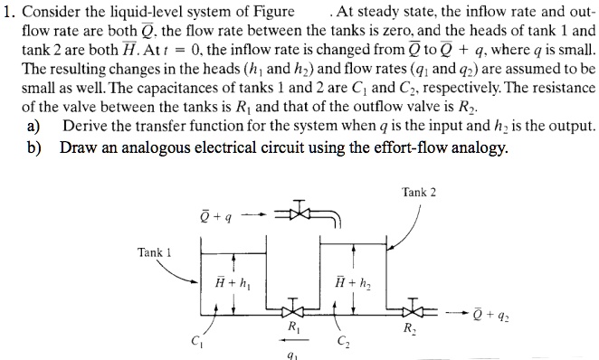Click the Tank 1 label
click(x=154, y=252)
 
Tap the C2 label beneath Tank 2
click(x=340, y=340)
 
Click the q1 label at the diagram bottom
click(x=290, y=354)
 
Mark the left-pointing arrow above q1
click(x=290, y=341)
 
